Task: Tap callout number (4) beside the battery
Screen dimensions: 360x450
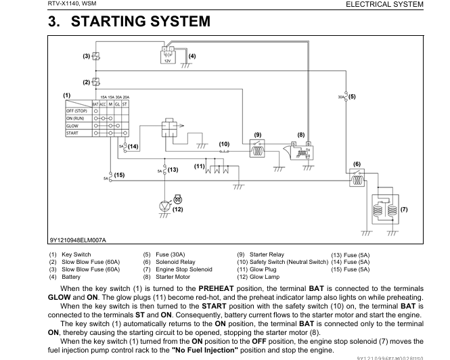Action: [x=192, y=55]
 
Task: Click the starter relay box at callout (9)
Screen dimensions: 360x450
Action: [x=257, y=151]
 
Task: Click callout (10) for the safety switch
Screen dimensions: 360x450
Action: [x=225, y=143]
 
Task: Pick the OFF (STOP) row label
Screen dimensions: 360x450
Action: [x=77, y=110]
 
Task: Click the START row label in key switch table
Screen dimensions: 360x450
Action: [x=72, y=133]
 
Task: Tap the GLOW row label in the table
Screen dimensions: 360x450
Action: [x=72, y=126]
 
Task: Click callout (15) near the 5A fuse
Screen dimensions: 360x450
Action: [x=119, y=175]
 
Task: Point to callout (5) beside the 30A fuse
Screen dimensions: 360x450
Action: [x=352, y=96]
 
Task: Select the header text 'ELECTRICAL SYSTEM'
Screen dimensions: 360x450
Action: [x=384, y=4]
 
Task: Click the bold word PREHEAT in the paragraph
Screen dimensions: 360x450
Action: [x=216, y=288]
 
